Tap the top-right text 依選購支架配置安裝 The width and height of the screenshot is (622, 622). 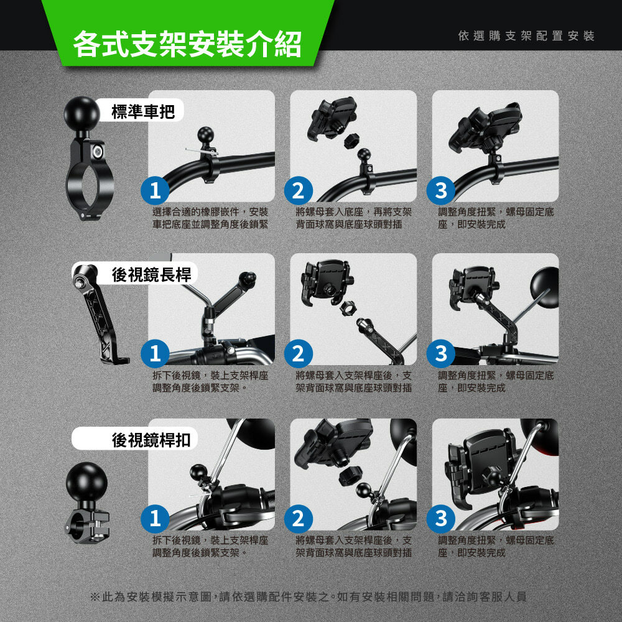click(526, 35)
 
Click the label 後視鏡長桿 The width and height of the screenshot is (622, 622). click(151, 274)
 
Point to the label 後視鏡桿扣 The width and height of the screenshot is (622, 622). click(151, 440)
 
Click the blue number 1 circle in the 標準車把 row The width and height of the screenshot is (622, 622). click(155, 190)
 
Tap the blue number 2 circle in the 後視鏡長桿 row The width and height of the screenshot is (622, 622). click(299, 354)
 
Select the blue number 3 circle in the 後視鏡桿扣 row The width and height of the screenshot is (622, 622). click(441, 519)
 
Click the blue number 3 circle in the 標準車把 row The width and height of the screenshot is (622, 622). click(441, 190)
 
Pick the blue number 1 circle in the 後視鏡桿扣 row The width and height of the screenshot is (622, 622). click(155, 519)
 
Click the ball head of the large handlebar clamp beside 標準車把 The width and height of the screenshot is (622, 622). click(81, 114)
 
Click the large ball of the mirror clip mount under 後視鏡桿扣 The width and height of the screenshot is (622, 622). click(86, 481)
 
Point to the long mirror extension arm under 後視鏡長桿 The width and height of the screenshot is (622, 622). click(99, 313)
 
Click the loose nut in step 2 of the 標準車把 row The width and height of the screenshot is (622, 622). click(351, 141)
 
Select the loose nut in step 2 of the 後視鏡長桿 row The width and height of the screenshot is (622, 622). click(347, 307)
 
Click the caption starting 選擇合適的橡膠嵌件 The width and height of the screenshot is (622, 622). click(210, 218)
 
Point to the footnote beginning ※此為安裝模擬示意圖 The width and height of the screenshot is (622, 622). click(309, 596)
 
